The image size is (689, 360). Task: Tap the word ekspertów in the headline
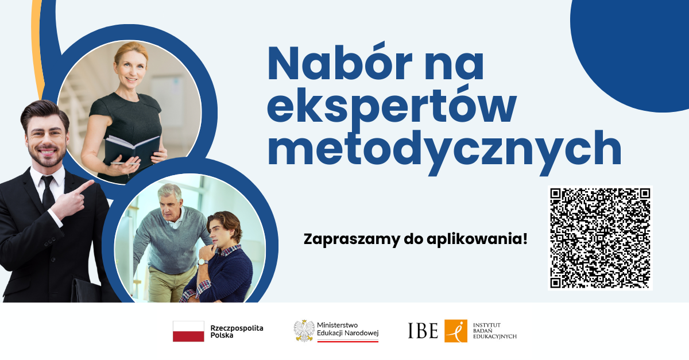pyautogui.click(x=392, y=106)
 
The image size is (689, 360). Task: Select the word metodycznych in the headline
pyautogui.click(x=444, y=151)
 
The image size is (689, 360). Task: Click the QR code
pyautogui.click(x=600, y=238)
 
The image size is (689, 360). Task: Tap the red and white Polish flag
pyautogui.click(x=188, y=331)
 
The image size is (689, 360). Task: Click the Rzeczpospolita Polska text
pyautogui.click(x=237, y=331)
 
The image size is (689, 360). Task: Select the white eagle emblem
pyautogui.click(x=304, y=331)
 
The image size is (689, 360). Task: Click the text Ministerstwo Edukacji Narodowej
pyautogui.click(x=347, y=329)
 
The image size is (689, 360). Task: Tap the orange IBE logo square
pyautogui.click(x=456, y=331)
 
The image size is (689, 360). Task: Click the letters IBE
pyautogui.click(x=423, y=331)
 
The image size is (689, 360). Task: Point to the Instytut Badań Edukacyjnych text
pyautogui.click(x=494, y=331)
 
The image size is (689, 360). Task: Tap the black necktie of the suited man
pyautogui.click(x=48, y=193)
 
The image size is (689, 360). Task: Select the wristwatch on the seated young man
pyautogui.click(x=202, y=262)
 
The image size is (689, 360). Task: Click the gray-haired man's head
pyautogui.click(x=170, y=200)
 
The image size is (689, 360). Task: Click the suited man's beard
pyautogui.click(x=47, y=156)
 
